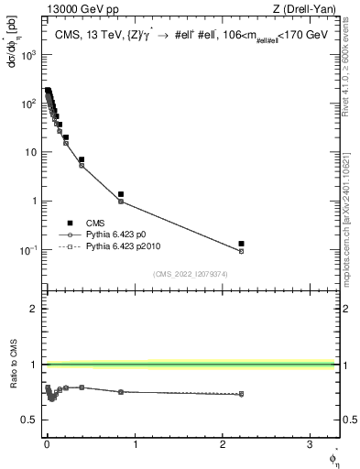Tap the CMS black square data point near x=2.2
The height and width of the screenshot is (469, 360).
click(241, 244)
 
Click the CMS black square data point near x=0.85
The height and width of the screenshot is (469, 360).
click(121, 194)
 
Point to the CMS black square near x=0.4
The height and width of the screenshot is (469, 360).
click(82, 159)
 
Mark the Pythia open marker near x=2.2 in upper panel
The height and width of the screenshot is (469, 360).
click(241, 251)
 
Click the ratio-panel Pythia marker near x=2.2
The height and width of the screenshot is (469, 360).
click(241, 394)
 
